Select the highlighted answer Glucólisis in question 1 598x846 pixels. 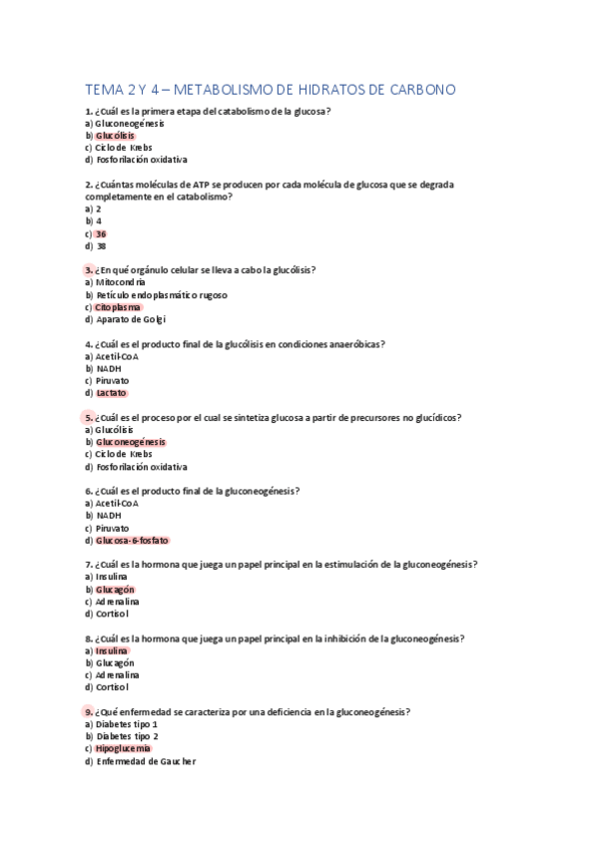pos(114,136)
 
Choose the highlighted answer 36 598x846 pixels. pos(100,233)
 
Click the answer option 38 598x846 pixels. pos(100,245)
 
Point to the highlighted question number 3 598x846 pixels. pos(89,270)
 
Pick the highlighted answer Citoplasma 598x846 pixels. pos(119,307)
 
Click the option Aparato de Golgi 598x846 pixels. pos(131,319)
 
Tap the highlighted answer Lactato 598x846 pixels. pos(112,393)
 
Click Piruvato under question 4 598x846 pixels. pos(113,381)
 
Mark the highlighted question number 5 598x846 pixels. pos(89,418)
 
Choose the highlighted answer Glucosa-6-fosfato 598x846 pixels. pos(133,540)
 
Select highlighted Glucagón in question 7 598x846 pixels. pos(115,590)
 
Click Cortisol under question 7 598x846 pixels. pos(113,614)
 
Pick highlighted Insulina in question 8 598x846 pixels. pos(112,650)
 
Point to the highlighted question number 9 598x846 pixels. pos(89,712)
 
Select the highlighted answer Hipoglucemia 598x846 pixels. pos(124,748)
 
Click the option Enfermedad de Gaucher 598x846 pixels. pos(146,761)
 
